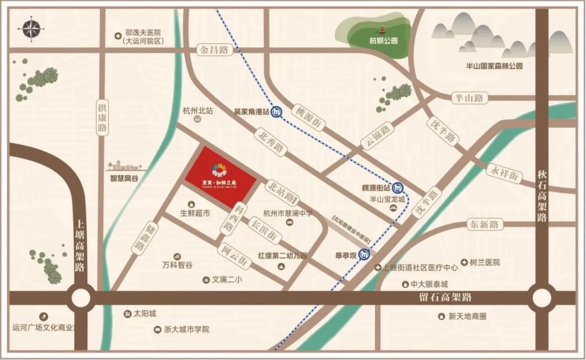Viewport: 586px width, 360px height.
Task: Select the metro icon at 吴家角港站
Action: click(x=277, y=112)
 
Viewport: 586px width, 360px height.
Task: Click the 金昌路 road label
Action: click(x=214, y=50)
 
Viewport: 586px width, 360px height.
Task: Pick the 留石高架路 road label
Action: click(x=445, y=297)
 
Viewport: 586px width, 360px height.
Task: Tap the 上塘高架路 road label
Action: click(x=80, y=245)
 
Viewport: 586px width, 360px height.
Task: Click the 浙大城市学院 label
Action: click(x=187, y=329)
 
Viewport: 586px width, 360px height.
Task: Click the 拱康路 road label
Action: click(x=102, y=119)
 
